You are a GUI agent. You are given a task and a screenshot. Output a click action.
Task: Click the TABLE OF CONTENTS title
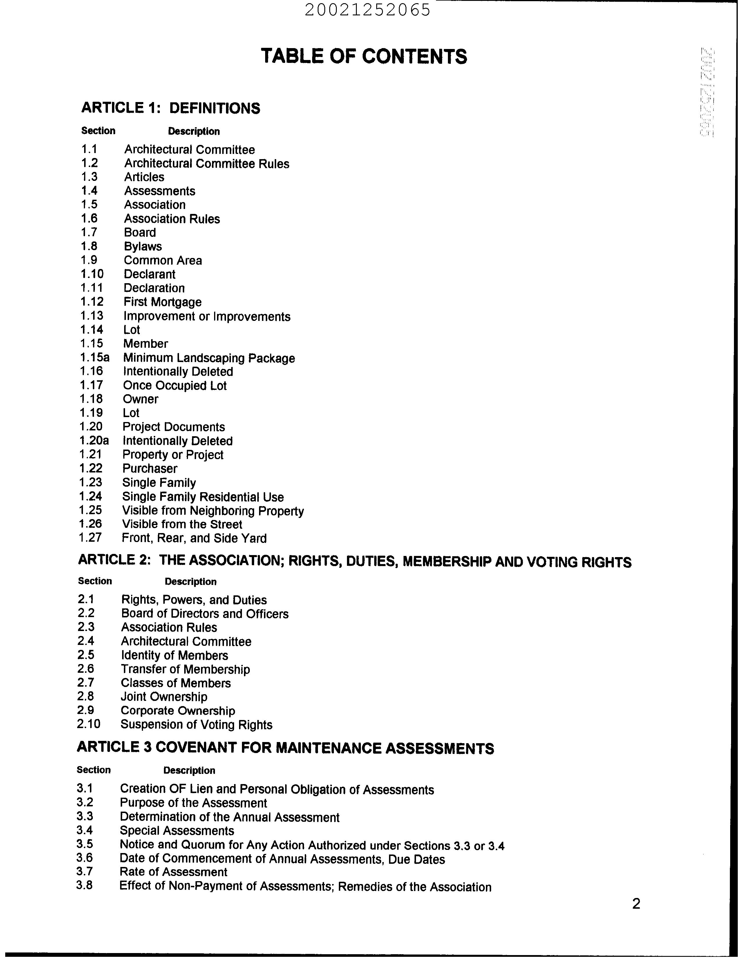364,56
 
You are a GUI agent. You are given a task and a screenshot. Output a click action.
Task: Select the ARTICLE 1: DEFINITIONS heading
171,108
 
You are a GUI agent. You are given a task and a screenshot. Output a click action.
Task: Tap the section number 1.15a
95,357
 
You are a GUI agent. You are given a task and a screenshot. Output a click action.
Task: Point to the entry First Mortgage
162,302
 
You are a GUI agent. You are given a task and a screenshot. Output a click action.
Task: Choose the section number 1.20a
94,440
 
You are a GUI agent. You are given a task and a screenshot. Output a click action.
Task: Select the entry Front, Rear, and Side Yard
194,538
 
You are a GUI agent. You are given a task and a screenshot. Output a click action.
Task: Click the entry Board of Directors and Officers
205,614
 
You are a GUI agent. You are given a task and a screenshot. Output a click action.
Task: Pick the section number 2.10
88,724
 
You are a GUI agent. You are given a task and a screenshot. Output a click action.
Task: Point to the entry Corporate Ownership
178,711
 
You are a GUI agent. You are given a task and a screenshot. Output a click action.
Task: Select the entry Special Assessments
177,830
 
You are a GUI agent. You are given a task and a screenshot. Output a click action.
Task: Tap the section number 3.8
84,885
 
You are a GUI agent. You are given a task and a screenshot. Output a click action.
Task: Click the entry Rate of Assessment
173,872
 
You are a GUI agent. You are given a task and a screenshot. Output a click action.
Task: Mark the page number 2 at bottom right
636,904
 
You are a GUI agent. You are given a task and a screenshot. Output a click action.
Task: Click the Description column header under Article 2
190,582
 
